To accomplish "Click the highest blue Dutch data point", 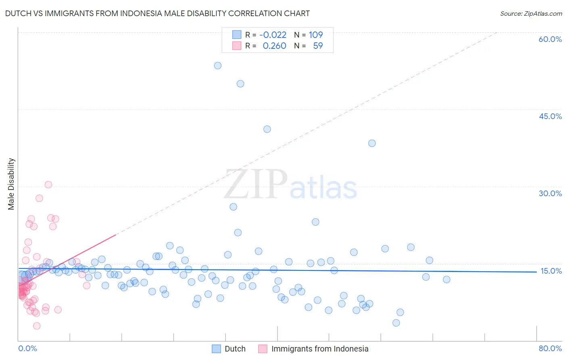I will click(x=218, y=65).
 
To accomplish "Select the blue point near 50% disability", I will click(x=240, y=84).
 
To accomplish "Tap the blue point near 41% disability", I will click(x=267, y=129).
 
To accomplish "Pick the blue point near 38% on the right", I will click(x=372, y=143).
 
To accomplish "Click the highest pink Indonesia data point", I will click(x=48, y=184).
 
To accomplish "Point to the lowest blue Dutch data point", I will click(x=396, y=323).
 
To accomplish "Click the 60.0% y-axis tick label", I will click(x=550, y=39).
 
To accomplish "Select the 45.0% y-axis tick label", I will click(x=550, y=116).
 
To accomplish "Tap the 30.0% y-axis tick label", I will click(x=550, y=193).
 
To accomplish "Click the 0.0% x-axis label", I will click(x=27, y=348).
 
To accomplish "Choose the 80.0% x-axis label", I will click(x=550, y=348).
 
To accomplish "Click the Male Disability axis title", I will click(x=11, y=184).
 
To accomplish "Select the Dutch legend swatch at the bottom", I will click(x=217, y=349).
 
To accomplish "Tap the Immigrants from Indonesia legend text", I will click(x=320, y=349).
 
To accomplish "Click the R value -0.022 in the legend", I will click(x=273, y=35).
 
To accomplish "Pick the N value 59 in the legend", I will click(x=318, y=46).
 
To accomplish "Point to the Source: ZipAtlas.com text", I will click(x=531, y=14).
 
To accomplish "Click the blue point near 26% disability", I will click(x=233, y=207).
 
